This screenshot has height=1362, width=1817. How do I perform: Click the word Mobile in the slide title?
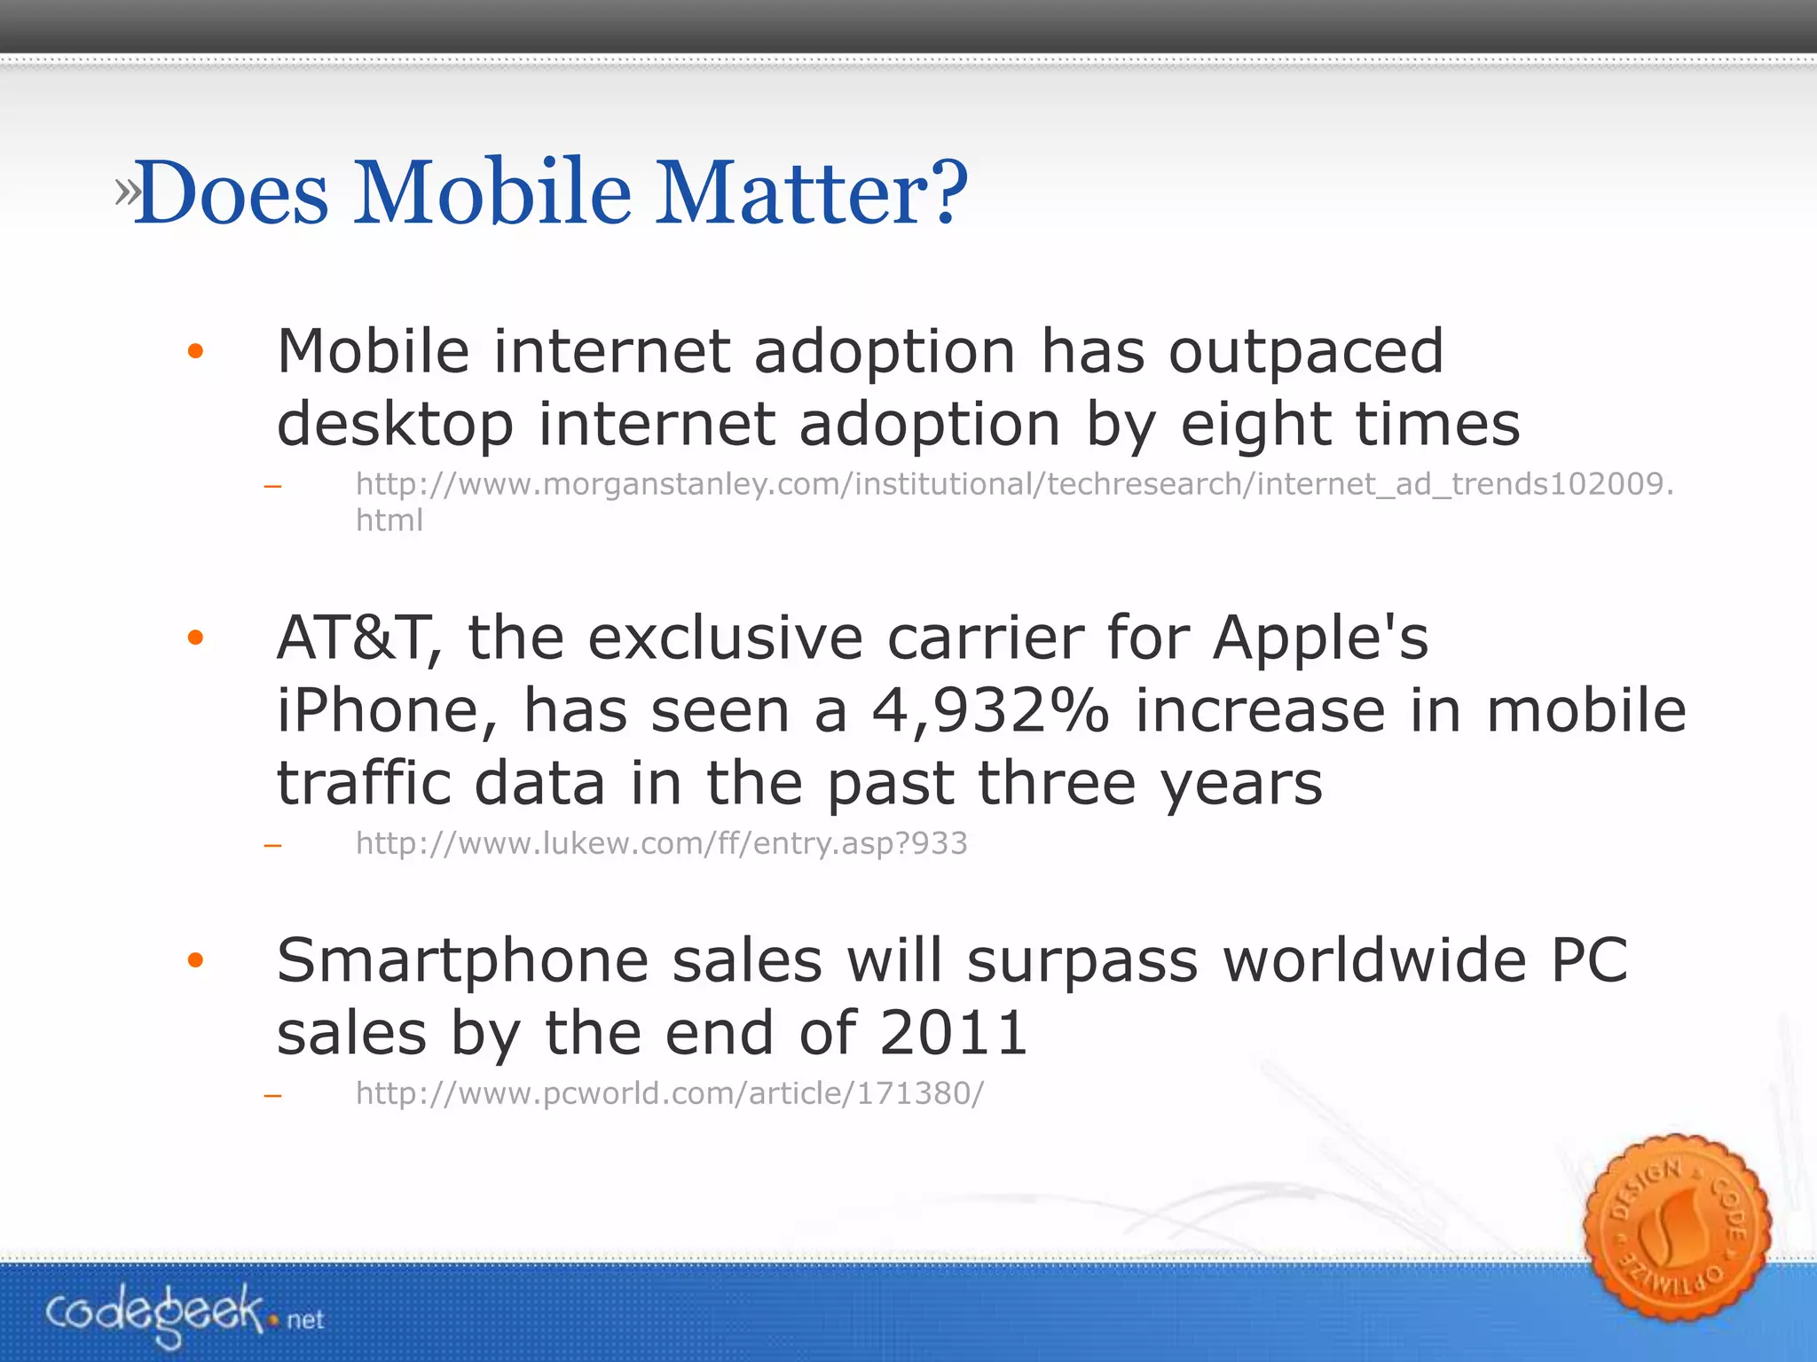pyautogui.click(x=492, y=192)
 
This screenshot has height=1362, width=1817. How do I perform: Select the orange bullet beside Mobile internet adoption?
pyautogui.click(x=196, y=352)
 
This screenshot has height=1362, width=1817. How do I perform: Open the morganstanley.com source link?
pyautogui.click(x=1013, y=485)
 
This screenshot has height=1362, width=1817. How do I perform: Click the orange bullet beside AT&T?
pyautogui.click(x=196, y=638)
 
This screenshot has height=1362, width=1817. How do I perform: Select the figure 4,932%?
pyautogui.click(x=990, y=711)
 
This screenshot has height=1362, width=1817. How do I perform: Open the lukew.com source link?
pyautogui.click(x=661, y=843)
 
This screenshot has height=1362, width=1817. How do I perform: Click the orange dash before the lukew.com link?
pyautogui.click(x=273, y=846)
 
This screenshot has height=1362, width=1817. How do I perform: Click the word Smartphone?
pyautogui.click(x=461, y=962)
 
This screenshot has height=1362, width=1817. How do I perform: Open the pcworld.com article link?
pyautogui.click(x=670, y=1094)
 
